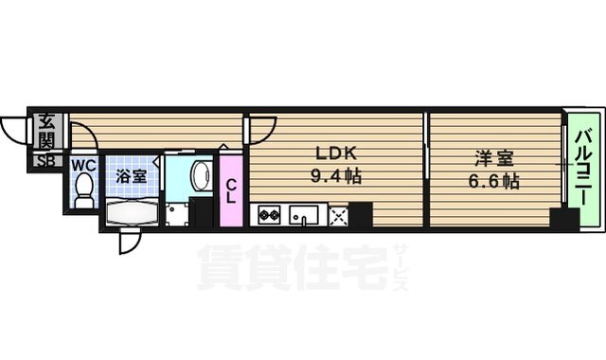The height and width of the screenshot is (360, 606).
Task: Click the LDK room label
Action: point(336,154)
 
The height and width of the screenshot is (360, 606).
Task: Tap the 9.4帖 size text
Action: point(336,176)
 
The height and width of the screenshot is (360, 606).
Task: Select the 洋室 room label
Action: point(493,158)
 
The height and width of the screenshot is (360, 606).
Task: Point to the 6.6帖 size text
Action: point(493,181)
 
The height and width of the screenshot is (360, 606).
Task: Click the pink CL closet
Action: point(231,190)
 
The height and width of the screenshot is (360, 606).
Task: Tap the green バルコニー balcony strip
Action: point(583,170)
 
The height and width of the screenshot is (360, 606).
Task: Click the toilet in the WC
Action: point(83,191)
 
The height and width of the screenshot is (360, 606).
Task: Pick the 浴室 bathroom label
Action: point(131,176)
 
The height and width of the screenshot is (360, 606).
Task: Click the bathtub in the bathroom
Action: point(132,212)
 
